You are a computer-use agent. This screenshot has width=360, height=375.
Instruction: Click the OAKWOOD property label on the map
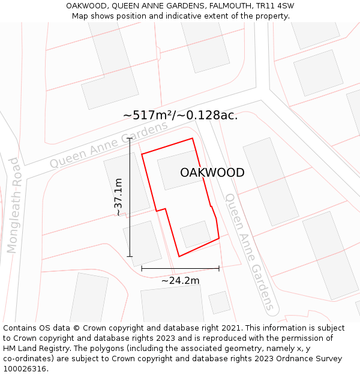[x=212, y=173]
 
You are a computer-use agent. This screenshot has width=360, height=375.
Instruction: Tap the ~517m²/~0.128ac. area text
[x=180, y=115]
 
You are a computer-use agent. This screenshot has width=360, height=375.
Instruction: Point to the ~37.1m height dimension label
[x=118, y=197]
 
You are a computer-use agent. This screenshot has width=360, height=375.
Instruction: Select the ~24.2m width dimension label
[x=180, y=280]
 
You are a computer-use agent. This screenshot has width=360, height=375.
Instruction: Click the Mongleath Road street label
[x=13, y=205]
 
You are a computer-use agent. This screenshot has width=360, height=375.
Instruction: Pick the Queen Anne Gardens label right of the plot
[x=250, y=252]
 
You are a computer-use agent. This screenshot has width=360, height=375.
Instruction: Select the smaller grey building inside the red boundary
[x=196, y=234]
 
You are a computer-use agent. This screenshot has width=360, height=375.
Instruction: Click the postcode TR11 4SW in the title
[x=274, y=6]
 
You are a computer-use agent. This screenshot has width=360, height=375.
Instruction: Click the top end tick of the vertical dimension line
[x=130, y=138]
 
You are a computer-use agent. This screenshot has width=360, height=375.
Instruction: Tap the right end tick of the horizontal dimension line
[x=219, y=268]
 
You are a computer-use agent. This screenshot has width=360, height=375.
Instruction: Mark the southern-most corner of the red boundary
[x=179, y=257]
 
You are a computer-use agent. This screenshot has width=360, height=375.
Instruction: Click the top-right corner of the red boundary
[x=193, y=139]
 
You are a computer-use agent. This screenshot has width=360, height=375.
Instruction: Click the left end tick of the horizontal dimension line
[x=142, y=268]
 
